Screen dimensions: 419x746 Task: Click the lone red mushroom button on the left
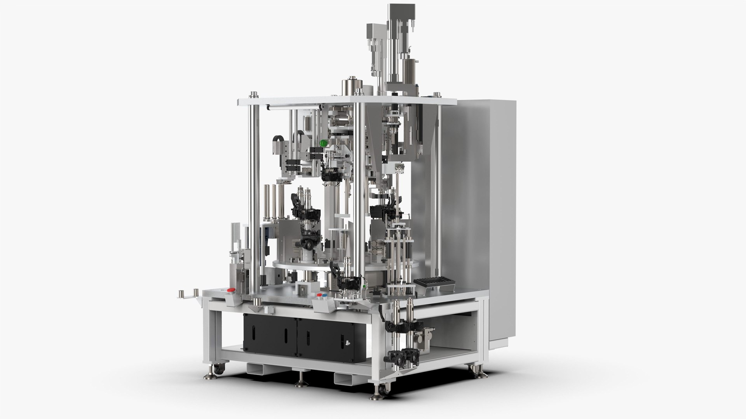[x=230, y=290]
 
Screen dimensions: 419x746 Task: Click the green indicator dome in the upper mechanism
[x=323, y=143]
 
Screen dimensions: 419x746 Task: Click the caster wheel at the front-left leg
[x=219, y=371]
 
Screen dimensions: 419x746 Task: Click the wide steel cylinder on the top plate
[x=352, y=88]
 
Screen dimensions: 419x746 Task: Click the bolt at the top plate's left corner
[x=254, y=94]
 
